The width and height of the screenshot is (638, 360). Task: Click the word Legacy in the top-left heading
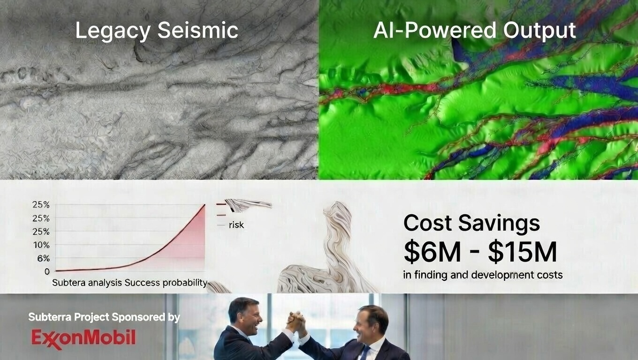click(x=113, y=31)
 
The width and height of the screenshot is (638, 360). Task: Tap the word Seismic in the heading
click(x=197, y=30)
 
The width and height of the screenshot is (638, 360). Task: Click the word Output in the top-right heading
click(x=539, y=31)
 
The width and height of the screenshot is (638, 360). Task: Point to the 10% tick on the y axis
click(x=42, y=245)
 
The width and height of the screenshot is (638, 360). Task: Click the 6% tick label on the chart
click(x=43, y=258)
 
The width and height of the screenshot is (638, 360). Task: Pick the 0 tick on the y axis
click(x=47, y=271)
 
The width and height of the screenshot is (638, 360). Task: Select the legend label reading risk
click(x=236, y=225)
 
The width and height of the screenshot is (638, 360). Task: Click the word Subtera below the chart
click(x=68, y=283)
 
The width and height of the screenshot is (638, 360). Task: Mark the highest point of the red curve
click(x=205, y=205)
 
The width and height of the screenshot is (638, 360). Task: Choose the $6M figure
click(x=432, y=252)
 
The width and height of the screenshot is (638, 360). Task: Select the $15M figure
click(x=523, y=252)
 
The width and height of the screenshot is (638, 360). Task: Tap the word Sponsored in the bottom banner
click(x=138, y=317)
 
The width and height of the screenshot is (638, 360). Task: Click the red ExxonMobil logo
click(x=84, y=338)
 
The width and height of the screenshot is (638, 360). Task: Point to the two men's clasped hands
click(x=296, y=322)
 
